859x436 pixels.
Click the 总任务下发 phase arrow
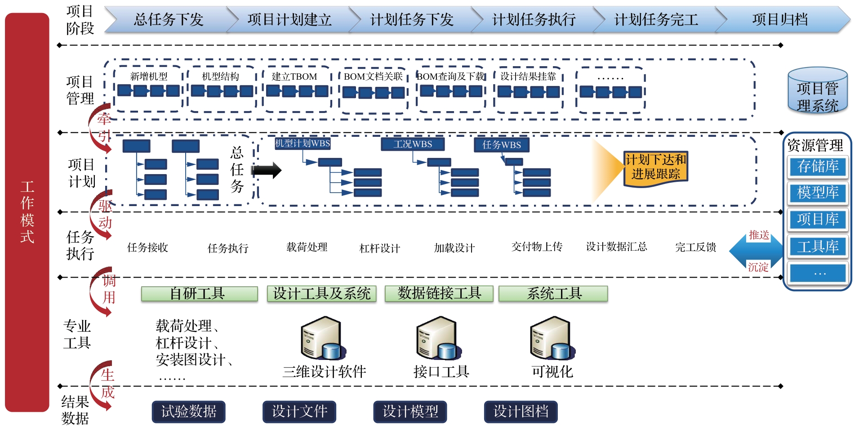point(169,19)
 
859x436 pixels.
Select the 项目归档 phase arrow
point(780,19)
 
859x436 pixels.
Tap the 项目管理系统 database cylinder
point(817,91)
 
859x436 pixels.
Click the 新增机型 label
point(149,76)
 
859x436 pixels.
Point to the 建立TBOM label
point(294,76)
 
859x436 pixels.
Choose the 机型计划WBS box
point(303,144)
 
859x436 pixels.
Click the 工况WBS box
point(413,144)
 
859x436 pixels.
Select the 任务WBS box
point(501,144)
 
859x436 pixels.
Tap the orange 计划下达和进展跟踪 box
point(655,167)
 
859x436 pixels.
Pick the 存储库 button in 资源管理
point(818,166)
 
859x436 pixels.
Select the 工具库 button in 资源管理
point(818,247)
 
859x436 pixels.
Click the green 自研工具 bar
point(199,294)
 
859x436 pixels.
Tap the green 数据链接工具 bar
point(439,294)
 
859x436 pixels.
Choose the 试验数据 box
point(188,411)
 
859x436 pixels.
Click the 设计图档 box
point(521,411)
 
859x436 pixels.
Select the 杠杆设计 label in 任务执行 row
point(380,248)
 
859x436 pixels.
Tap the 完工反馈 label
point(695,247)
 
